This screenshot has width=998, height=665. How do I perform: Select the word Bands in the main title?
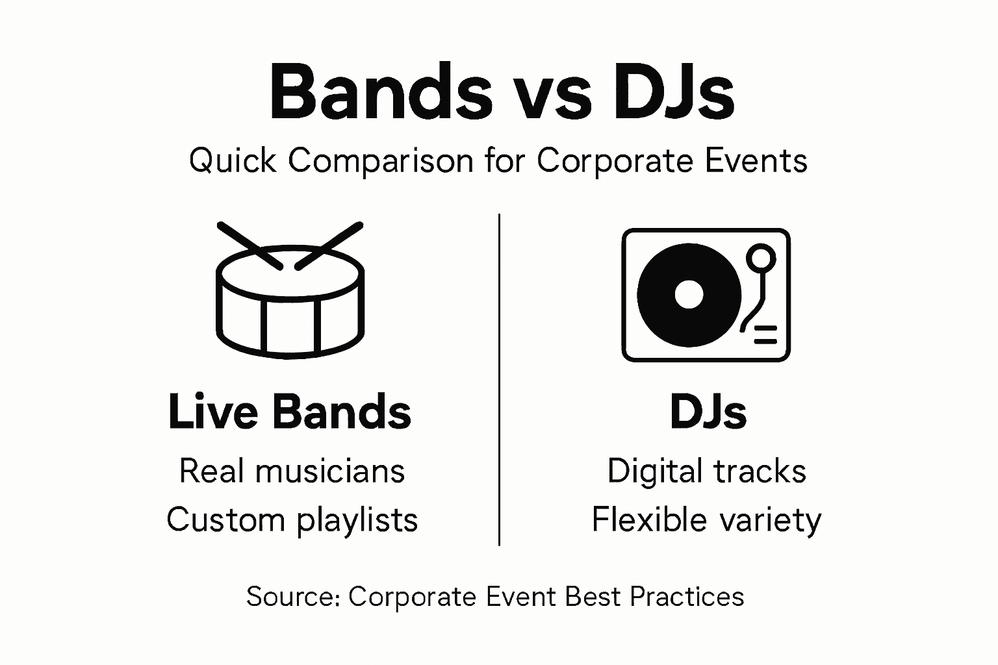[381, 94]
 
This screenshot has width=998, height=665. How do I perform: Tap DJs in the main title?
[672, 94]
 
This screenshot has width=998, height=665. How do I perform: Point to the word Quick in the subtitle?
[232, 160]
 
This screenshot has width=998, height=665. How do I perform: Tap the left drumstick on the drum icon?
[249, 245]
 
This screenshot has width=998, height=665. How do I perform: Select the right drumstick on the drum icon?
[329, 245]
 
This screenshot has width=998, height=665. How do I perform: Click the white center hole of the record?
[689, 294]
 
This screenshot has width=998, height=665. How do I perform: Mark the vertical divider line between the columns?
[499, 379]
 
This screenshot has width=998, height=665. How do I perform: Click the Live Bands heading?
[290, 412]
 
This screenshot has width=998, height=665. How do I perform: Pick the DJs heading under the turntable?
[708, 412]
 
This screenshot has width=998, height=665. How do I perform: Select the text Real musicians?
[292, 471]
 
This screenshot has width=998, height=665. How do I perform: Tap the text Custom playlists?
[292, 520]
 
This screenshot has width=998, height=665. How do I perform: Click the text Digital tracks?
[706, 471]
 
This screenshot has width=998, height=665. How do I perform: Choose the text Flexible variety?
[706, 520]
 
